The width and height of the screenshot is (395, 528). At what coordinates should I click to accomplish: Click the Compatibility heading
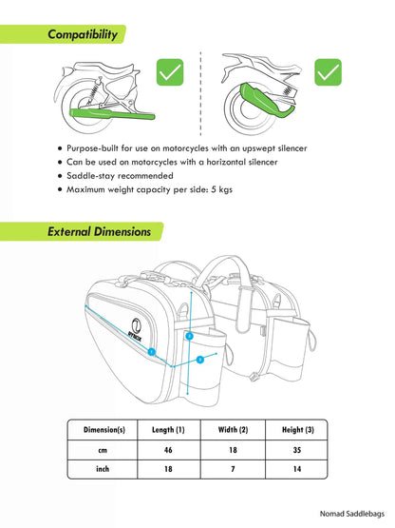[x=84, y=35]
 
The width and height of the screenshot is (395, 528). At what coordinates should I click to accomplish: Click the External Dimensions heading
[x=99, y=231]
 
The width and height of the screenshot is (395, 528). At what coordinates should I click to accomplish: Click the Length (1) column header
[x=169, y=429]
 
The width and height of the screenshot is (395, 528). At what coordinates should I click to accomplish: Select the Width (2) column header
[x=232, y=429]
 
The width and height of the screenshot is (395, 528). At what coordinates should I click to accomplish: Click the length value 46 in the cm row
[x=169, y=449]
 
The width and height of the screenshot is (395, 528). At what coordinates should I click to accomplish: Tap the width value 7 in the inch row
[x=232, y=469]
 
